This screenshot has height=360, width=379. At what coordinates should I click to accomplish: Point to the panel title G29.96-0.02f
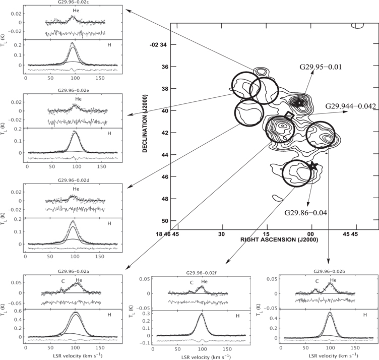click(x=201, y=273)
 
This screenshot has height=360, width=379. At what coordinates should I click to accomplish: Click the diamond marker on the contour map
click(x=289, y=115)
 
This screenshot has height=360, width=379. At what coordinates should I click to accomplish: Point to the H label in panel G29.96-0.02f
click(x=237, y=316)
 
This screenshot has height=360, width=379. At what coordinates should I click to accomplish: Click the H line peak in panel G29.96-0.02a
click(x=76, y=313)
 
